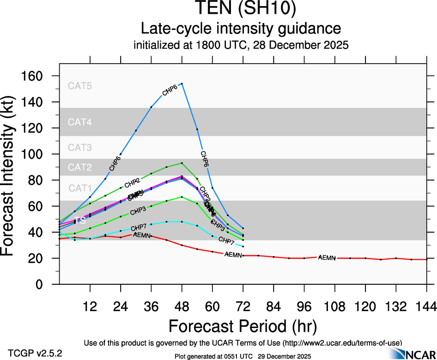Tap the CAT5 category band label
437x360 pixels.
click(x=80, y=85)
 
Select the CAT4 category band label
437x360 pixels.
click(x=80, y=122)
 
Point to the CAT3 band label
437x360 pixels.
click(x=80, y=148)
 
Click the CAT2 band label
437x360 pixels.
click(x=80, y=167)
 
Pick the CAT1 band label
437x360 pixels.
click(x=80, y=188)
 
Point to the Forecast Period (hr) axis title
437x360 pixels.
click(x=243, y=326)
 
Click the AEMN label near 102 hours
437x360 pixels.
click(x=327, y=258)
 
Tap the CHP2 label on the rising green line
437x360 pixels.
click(x=132, y=181)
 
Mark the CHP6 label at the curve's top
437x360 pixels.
click(x=170, y=91)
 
